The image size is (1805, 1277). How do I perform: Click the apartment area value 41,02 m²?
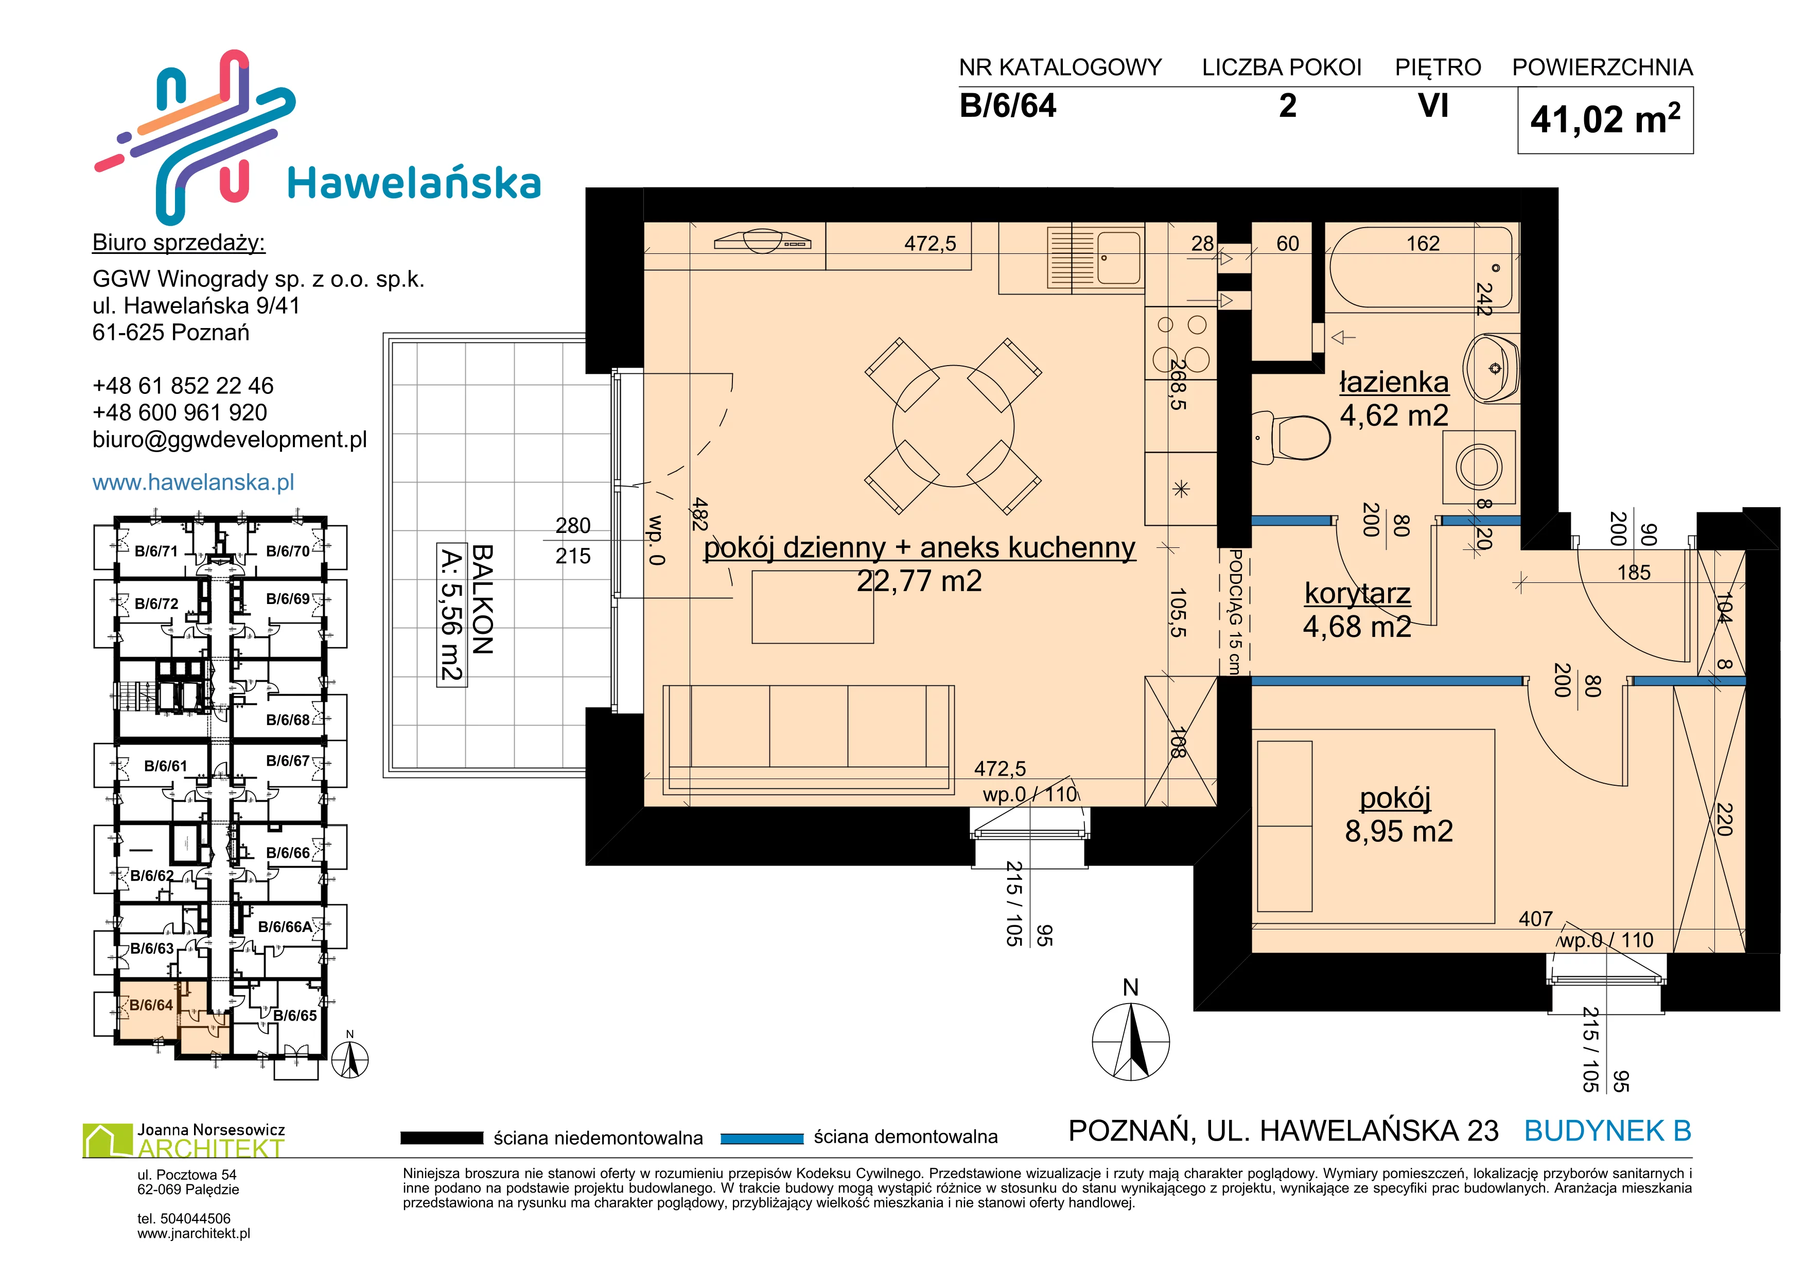click(1605, 119)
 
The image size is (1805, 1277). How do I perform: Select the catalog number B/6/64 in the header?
click(1008, 106)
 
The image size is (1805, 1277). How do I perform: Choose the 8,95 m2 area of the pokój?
click(1398, 831)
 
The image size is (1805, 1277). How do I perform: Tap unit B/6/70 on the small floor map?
click(288, 551)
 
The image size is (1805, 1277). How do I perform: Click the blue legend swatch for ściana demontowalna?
click(762, 1138)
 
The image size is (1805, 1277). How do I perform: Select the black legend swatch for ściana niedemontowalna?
click(442, 1138)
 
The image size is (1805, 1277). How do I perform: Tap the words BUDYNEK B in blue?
click(1608, 1131)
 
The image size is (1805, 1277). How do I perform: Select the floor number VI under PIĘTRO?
click(1433, 106)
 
